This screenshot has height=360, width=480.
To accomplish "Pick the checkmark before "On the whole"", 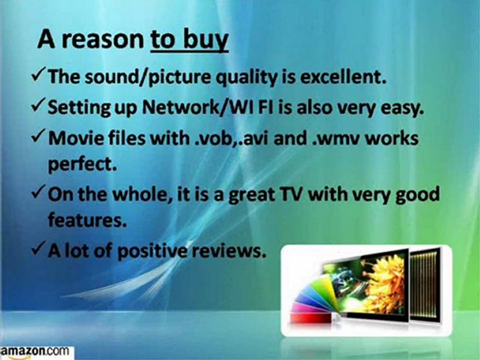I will (39, 194).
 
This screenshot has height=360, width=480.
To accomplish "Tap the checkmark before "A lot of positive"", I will (39, 250).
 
